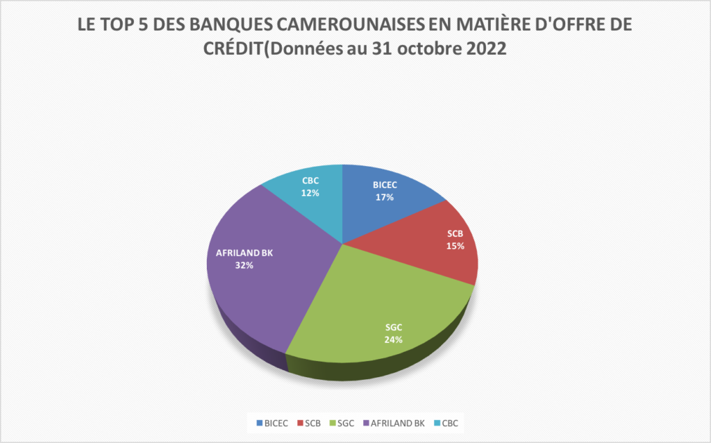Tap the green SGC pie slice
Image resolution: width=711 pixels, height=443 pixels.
375,306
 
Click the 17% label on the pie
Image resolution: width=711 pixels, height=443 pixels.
385,197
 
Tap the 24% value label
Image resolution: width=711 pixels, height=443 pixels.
393,340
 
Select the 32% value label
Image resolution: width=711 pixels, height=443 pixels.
244,265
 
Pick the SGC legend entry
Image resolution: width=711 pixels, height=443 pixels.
345,422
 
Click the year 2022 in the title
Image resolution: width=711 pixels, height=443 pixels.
486,50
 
